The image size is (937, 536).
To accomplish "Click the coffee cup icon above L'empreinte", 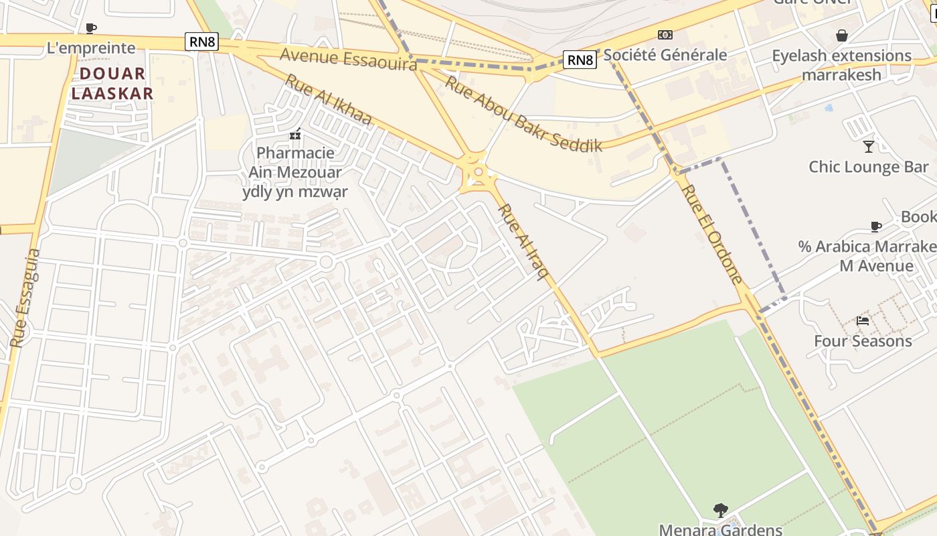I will click(x=91, y=28).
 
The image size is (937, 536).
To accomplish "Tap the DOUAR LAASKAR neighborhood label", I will click(x=112, y=84).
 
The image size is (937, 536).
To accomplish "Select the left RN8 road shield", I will click(x=203, y=42).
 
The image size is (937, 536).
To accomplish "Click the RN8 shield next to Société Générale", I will click(x=580, y=60).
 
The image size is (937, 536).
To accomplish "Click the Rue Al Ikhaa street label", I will click(x=328, y=100).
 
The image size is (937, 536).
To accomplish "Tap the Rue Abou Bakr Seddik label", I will click(x=523, y=113).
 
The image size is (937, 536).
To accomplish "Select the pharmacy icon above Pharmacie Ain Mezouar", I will click(x=295, y=135).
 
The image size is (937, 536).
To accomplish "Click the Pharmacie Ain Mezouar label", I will click(x=295, y=172).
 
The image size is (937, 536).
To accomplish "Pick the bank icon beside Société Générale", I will click(x=665, y=35).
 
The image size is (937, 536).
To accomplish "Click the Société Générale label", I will click(x=665, y=55).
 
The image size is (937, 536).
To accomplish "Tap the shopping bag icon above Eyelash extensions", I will click(x=842, y=35).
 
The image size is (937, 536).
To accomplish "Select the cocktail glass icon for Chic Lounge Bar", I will click(x=869, y=146).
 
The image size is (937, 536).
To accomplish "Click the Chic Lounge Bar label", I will click(x=869, y=167).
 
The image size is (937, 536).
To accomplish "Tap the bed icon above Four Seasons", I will click(x=863, y=321).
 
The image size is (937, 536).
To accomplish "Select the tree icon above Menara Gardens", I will click(x=720, y=511).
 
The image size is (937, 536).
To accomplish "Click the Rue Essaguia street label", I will click(x=25, y=298).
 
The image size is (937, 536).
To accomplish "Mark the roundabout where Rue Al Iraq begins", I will click(x=478, y=173).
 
